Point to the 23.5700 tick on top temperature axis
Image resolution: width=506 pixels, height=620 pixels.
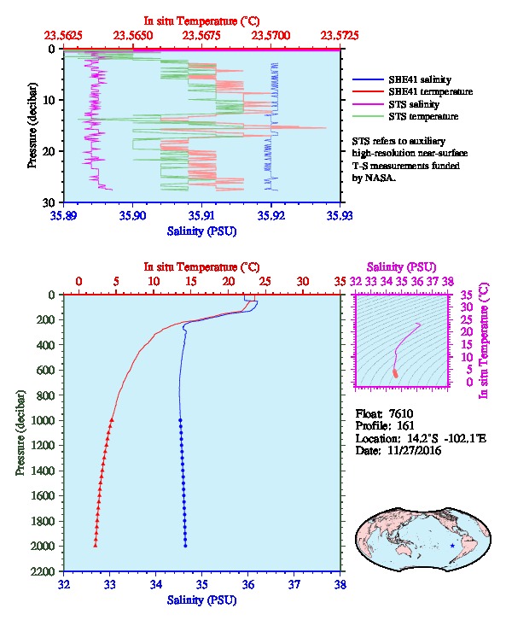point(271,36)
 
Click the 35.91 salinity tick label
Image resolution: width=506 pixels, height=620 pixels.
point(202,215)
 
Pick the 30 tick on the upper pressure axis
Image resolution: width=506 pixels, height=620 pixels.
point(48,202)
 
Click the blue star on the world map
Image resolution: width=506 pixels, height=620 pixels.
point(452,546)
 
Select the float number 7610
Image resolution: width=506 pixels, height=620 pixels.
point(401,413)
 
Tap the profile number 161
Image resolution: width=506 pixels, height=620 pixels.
point(405,425)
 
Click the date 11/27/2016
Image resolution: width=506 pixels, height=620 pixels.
point(415,450)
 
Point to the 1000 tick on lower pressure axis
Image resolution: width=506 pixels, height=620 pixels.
point(43,420)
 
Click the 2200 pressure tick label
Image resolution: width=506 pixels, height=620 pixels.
point(43,571)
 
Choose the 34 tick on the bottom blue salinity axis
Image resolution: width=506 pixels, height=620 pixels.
point(155,584)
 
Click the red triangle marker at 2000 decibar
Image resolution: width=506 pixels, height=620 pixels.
point(96,545)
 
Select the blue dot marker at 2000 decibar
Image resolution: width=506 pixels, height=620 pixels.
point(185,546)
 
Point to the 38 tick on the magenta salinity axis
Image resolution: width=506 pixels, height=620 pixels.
point(447,282)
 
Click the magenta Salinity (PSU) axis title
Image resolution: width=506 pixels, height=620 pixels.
point(401,267)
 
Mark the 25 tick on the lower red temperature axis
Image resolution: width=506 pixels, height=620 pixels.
point(265,282)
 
